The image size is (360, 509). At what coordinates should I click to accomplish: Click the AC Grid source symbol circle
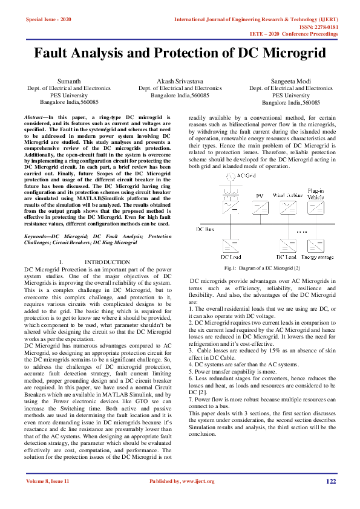coord(229,176)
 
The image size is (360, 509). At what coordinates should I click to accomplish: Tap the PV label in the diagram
coord(260,196)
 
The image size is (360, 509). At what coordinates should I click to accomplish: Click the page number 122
coord(331,481)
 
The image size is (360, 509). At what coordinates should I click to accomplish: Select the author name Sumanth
coord(68,80)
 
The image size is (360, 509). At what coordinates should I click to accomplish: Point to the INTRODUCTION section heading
coord(107,262)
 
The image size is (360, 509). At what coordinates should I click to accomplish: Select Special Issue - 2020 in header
coord(48,20)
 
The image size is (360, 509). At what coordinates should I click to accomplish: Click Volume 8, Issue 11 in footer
coord(48,481)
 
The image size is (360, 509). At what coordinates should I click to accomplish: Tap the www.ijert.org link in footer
coord(199,481)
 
